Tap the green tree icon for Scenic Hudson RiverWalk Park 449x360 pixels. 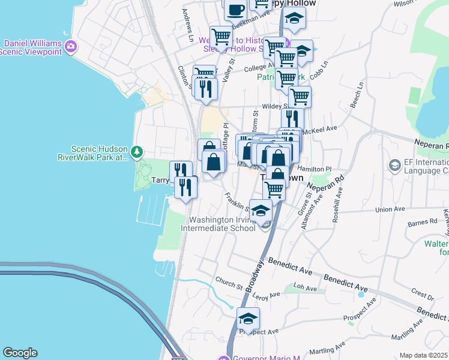click(137, 152)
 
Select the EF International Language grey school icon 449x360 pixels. click(394, 164)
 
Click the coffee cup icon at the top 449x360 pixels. click(236, 9)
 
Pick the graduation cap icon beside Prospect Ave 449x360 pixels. click(248, 318)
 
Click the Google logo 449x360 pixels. click(20, 353)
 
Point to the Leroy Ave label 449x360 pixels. click(267, 295)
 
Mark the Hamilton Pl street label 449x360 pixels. click(318, 170)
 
